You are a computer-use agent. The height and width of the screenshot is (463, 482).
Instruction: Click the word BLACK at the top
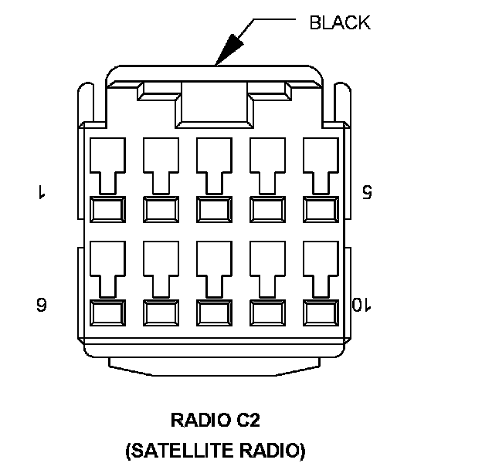[x=339, y=22]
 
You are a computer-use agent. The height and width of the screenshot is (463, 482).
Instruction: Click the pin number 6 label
[x=41, y=305]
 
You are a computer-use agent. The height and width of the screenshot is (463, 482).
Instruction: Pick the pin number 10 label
[x=361, y=305]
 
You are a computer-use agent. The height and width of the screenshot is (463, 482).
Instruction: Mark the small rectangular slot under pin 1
[x=108, y=208]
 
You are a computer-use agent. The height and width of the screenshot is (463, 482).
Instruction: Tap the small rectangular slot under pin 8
[x=215, y=312]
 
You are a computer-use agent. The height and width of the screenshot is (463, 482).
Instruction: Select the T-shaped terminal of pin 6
[x=108, y=269]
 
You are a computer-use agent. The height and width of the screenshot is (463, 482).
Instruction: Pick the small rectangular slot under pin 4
[x=268, y=208]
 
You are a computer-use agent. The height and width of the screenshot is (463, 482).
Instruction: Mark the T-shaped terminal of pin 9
[x=268, y=269]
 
